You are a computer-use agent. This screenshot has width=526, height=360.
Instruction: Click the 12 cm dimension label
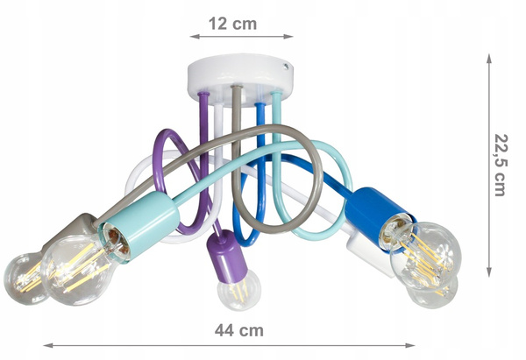pos(232,24)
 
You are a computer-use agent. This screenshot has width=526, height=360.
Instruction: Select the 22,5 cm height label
pos(501,165)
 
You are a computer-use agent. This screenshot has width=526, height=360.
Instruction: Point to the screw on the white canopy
pos(286,67)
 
